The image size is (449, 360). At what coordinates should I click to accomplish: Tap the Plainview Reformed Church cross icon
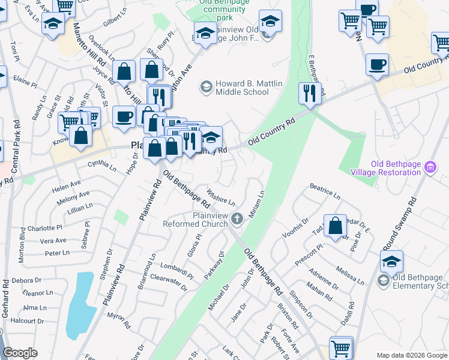(237, 219)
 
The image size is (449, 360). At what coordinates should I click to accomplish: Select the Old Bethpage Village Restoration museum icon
(429, 167)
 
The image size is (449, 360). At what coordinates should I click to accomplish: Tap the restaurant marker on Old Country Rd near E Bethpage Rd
(310, 93)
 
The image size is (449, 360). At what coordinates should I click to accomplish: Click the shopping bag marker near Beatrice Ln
(336, 226)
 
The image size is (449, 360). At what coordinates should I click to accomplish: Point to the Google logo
(20, 353)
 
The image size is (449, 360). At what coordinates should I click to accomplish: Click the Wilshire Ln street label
(220, 197)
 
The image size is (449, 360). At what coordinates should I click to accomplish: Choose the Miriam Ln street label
(256, 205)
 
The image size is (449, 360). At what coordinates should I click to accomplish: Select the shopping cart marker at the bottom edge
(341, 348)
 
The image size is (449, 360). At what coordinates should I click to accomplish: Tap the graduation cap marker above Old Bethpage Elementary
(391, 261)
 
